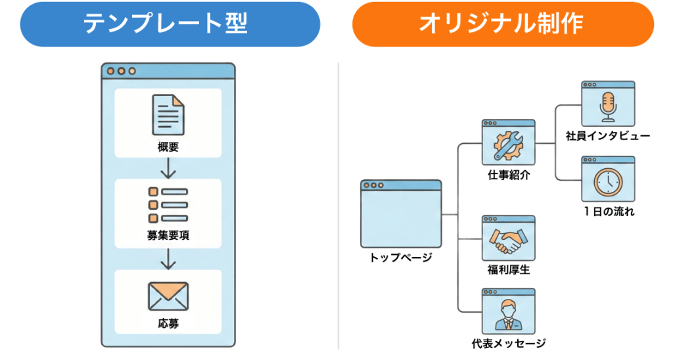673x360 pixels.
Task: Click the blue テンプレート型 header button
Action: [x=170, y=24]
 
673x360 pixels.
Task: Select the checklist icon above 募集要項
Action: [x=168, y=204]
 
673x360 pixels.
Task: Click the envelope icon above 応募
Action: [x=168, y=296]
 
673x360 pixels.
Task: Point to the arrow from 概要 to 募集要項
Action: [x=168, y=169]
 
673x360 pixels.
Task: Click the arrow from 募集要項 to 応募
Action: [x=168, y=259]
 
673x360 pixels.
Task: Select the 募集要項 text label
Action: [x=168, y=235]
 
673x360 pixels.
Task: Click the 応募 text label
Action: [x=168, y=324]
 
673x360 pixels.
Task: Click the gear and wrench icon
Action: [x=508, y=146]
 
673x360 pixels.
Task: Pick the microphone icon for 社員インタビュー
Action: [x=608, y=106]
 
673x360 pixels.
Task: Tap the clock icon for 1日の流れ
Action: [x=608, y=182]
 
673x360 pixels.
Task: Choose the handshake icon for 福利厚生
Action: [x=508, y=241]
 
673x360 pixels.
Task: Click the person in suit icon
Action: [x=508, y=315]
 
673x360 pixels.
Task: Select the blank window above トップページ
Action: [x=401, y=215]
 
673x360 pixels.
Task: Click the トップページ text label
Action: [x=401, y=257]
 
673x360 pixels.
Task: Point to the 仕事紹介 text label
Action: [x=509, y=175]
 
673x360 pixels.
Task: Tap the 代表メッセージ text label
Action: [x=509, y=343]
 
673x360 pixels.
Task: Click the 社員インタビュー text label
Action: [x=608, y=136]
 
